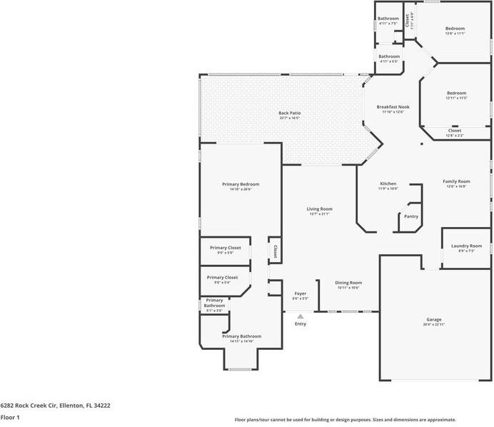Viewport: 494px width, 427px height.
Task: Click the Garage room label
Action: pyautogui.click(x=434, y=319)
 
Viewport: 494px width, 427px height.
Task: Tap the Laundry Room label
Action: pyautogui.click(x=466, y=246)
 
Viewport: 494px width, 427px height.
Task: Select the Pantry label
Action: pyautogui.click(x=411, y=216)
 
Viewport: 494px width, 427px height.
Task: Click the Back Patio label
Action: pyautogui.click(x=289, y=113)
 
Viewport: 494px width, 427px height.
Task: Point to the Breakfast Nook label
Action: pyautogui.click(x=393, y=106)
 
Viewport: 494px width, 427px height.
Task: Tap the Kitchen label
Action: pyautogui.click(x=388, y=184)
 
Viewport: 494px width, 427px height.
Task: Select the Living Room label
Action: pyautogui.click(x=320, y=209)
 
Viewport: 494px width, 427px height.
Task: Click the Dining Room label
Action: pyautogui.click(x=348, y=282)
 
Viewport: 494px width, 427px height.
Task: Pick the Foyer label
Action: pyautogui.click(x=301, y=293)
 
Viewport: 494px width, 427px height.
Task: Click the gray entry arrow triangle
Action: pyautogui.click(x=301, y=316)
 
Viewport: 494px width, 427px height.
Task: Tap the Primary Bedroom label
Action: pyautogui.click(x=241, y=184)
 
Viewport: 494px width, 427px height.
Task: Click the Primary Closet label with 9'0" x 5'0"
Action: pyautogui.click(x=225, y=248)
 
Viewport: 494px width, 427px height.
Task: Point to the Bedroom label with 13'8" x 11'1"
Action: pyautogui.click(x=455, y=29)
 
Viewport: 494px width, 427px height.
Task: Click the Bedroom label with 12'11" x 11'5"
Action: pyautogui.click(x=456, y=93)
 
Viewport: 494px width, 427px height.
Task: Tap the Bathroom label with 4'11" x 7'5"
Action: pyautogui.click(x=388, y=19)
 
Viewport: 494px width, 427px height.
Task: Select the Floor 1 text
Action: pyautogui.click(x=10, y=417)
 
